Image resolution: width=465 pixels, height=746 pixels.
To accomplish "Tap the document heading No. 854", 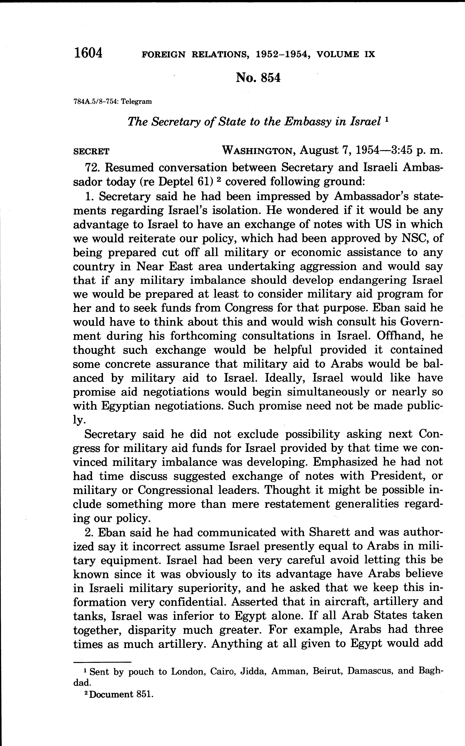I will [258, 78].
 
